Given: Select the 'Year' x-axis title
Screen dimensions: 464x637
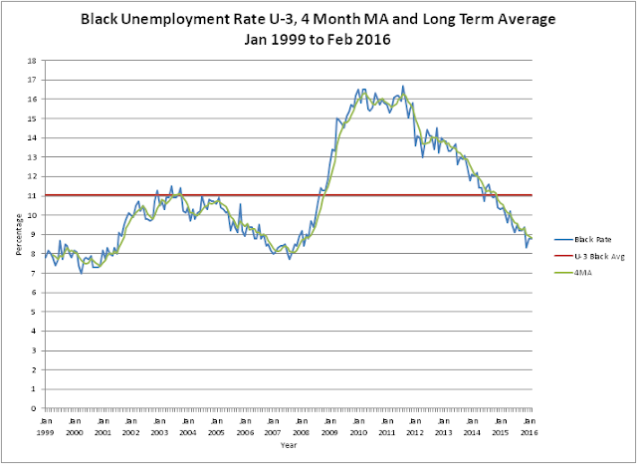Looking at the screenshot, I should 287,447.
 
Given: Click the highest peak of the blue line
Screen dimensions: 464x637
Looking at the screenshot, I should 403,86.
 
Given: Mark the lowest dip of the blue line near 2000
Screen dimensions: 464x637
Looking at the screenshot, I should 81,272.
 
